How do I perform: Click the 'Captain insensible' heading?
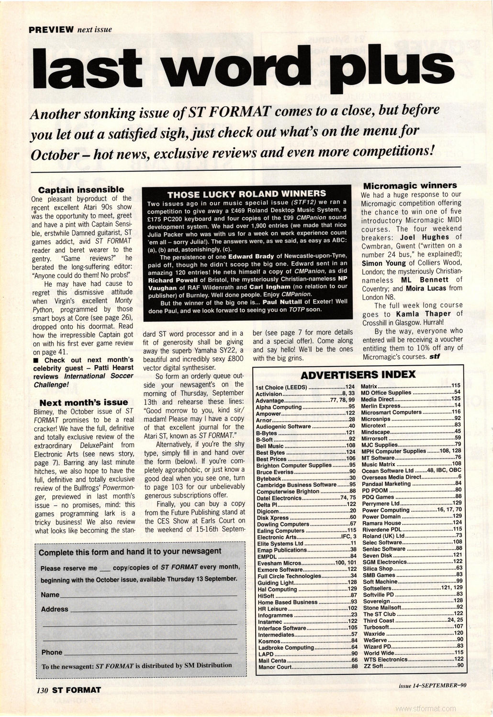click(x=81, y=190)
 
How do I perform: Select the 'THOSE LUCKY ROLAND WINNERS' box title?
click(x=246, y=194)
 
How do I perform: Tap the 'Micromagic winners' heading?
click(x=410, y=185)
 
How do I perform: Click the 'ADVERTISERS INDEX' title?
click(x=358, y=374)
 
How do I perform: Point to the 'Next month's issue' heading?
click(x=83, y=402)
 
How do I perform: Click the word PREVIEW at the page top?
click(x=51, y=29)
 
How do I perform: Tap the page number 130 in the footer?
click(x=43, y=690)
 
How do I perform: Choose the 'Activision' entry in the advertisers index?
click(x=269, y=394)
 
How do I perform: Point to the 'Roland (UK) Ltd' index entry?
click(x=383, y=536)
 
